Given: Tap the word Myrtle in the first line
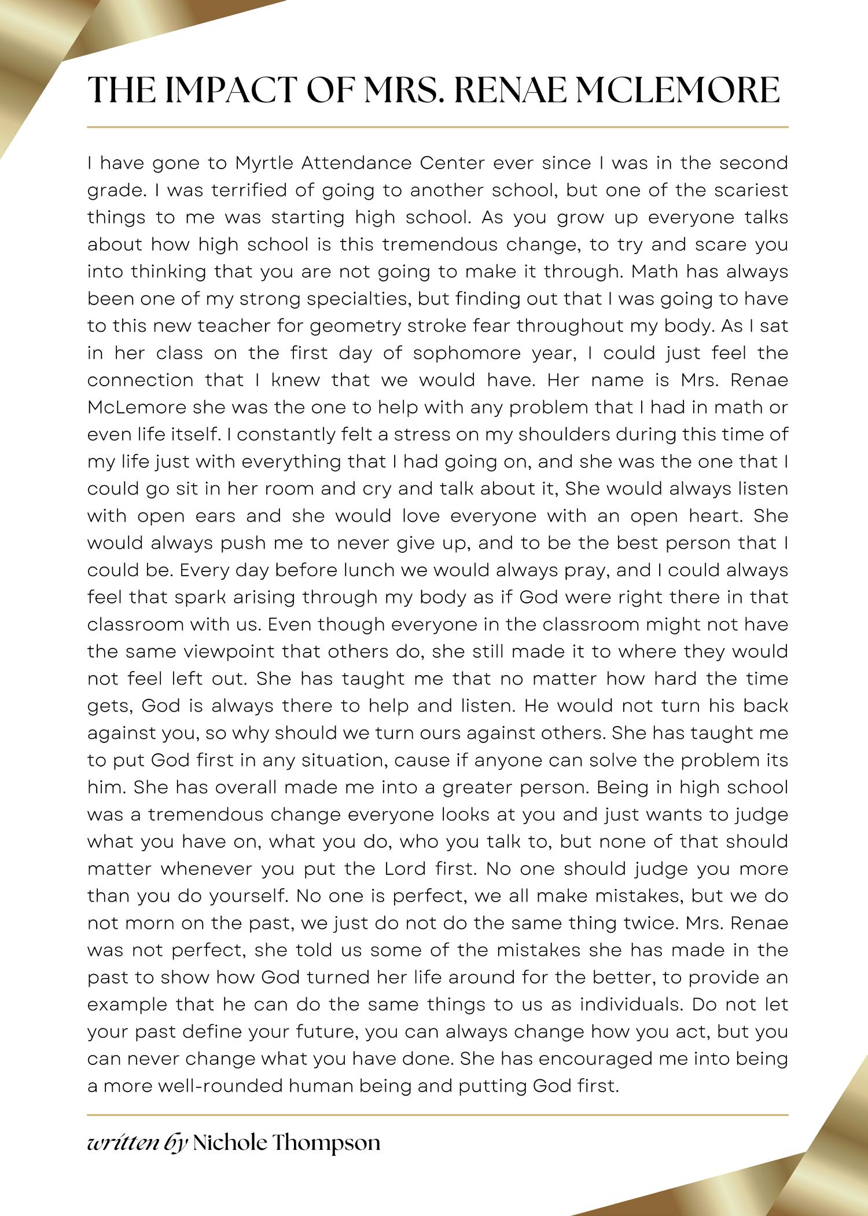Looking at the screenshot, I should coord(264,163).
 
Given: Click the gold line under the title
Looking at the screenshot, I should coord(437,126).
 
